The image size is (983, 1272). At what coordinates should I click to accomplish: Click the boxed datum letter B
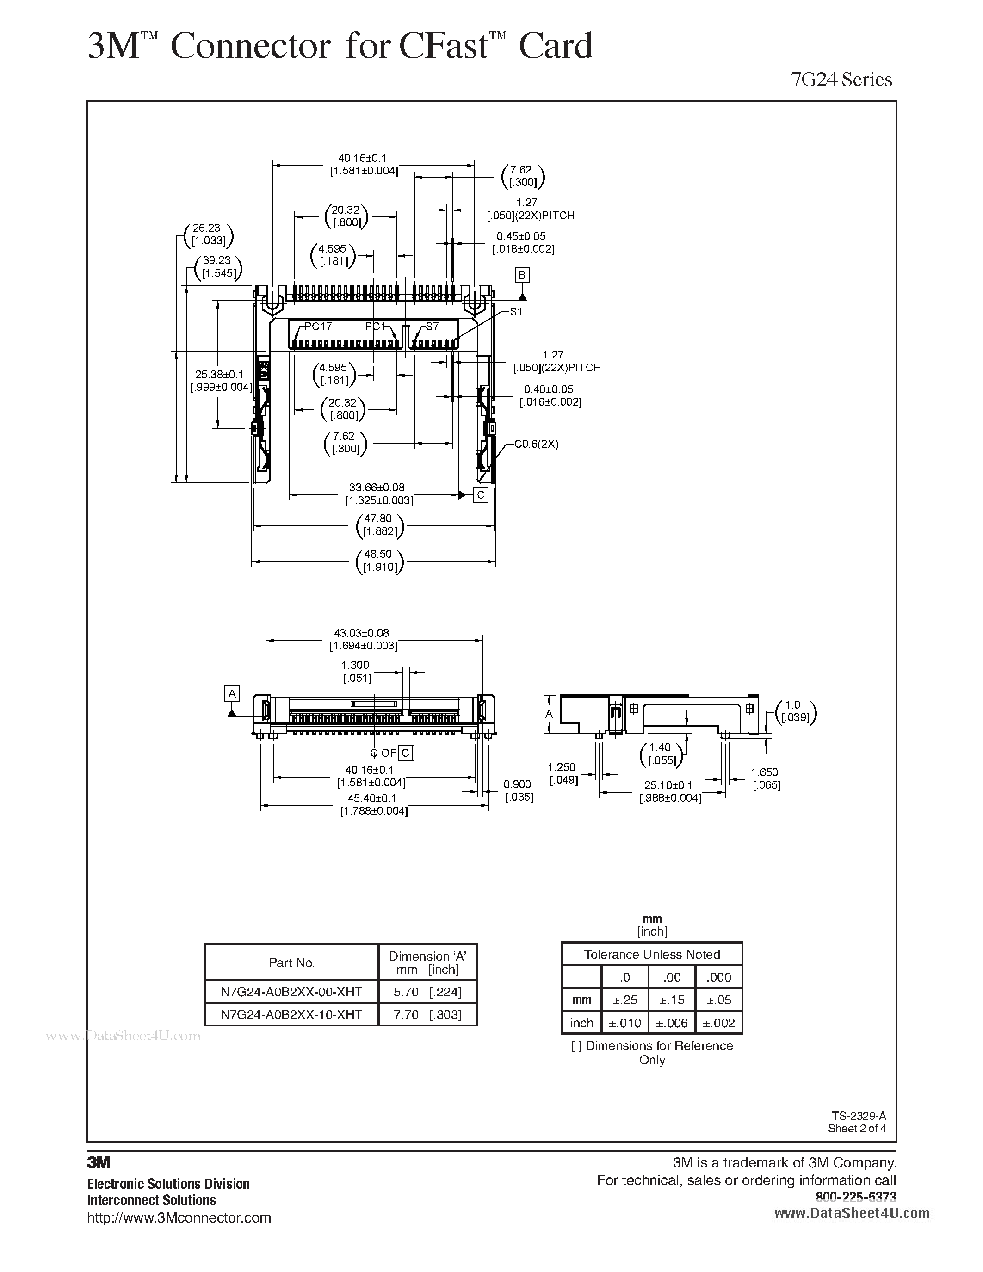(x=522, y=275)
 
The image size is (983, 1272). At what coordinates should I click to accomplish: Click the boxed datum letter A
(x=232, y=693)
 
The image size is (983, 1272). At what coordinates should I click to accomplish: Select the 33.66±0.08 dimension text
(x=377, y=488)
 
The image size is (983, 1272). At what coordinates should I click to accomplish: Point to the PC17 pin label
(x=319, y=327)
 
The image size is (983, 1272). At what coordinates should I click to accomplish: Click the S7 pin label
(x=432, y=327)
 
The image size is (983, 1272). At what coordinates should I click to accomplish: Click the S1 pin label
(x=516, y=312)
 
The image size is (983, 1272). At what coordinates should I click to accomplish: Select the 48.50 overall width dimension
(x=378, y=554)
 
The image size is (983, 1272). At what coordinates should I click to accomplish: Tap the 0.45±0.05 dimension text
(x=521, y=236)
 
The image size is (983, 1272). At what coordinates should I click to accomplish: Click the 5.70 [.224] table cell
(x=427, y=992)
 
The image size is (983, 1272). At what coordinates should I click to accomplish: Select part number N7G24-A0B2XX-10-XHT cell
(x=291, y=1014)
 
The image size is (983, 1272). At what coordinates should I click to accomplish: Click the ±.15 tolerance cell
(x=673, y=1000)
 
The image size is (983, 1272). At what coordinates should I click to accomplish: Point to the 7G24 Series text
(x=841, y=79)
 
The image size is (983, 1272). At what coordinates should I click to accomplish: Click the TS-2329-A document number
(x=859, y=1116)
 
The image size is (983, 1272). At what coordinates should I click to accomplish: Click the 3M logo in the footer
(x=99, y=1162)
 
